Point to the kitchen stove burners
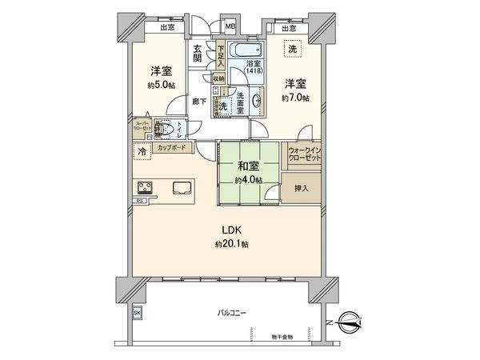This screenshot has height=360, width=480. tap(147, 188)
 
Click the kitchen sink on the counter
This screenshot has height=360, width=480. tap(180, 189)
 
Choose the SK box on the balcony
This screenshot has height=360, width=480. tap(137, 313)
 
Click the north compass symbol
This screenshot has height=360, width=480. tap(350, 321)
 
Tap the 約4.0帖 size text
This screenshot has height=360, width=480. tap(247, 181)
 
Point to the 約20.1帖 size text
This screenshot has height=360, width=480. tap(232, 243)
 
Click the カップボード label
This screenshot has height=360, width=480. tap(173, 149)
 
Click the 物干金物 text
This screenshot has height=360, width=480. tap(281, 337)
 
